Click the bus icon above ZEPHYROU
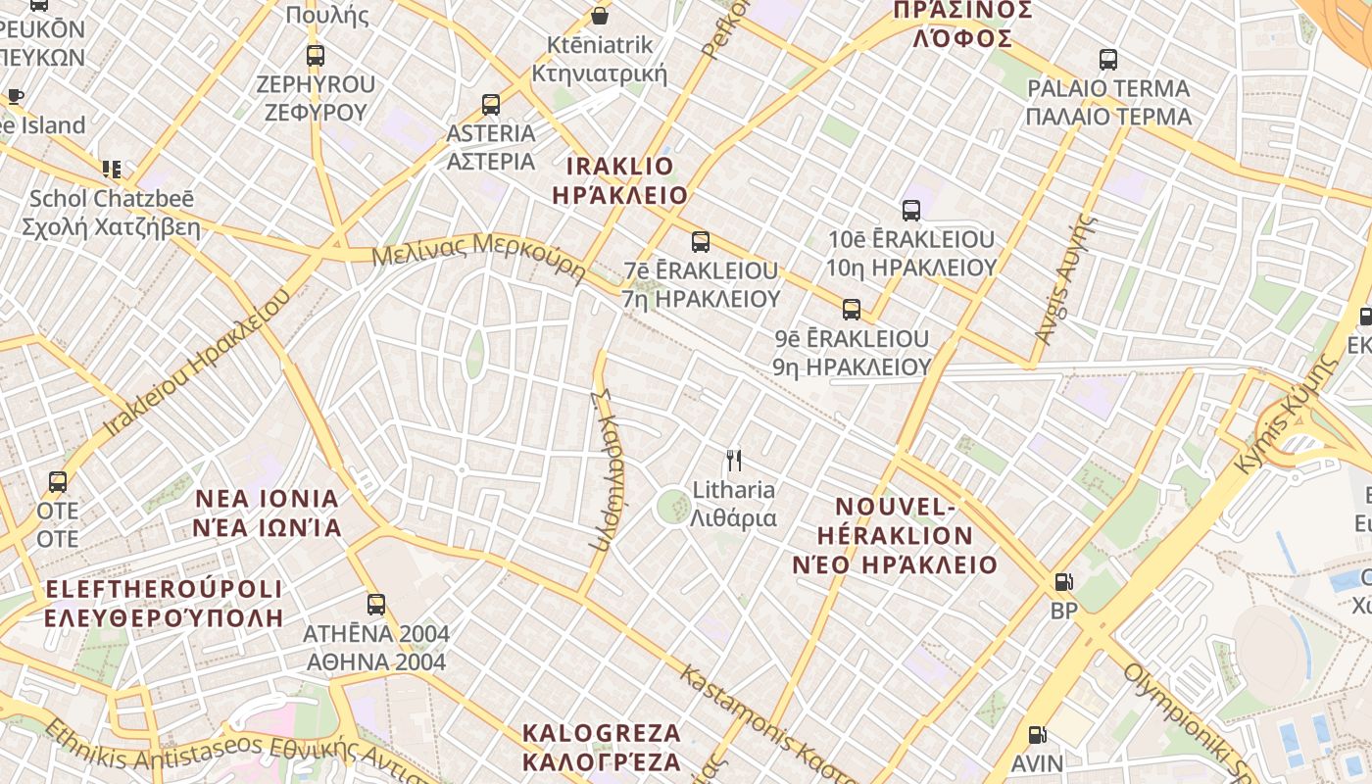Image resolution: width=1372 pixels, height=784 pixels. tap(315, 55)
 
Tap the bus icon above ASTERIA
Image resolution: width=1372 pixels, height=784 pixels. tap(491, 104)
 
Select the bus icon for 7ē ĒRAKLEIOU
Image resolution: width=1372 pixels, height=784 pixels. tap(700, 241)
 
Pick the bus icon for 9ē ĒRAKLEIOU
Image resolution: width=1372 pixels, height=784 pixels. tap(851, 310)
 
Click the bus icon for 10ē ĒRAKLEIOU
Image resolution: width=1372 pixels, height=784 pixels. tap(911, 210)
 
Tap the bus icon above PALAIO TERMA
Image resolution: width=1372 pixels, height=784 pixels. tap(1108, 60)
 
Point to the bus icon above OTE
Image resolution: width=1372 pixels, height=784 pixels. tap(58, 482)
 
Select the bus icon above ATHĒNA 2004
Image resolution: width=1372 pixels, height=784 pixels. tap(376, 604)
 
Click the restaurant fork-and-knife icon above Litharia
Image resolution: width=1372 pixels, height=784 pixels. tap(733, 460)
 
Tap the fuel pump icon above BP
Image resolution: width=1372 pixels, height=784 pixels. tap(1063, 582)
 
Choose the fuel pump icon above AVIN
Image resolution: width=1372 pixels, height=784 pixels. tap(1037, 734)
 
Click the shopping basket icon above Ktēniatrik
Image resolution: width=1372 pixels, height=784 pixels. tap(599, 16)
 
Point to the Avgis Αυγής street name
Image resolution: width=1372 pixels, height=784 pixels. tap(1063, 279)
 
